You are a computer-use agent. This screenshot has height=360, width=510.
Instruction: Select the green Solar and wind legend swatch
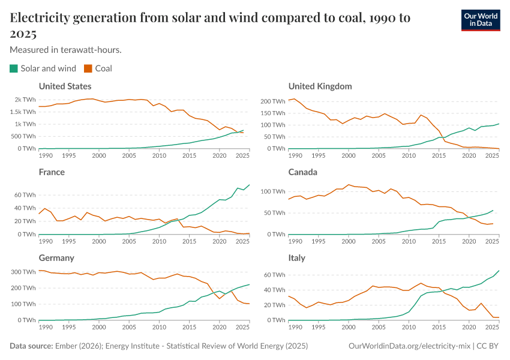pos(14,68)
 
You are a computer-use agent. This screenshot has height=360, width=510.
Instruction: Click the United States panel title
pos(65,86)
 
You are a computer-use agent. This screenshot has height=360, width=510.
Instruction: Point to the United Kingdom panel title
pos(320,86)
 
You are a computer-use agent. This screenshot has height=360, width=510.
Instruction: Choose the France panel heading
pos(52,172)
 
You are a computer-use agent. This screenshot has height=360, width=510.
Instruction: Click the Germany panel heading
pos(56,258)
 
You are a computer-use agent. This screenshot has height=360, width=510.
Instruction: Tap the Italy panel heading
pos(297,258)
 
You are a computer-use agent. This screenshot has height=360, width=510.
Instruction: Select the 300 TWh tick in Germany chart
pos(23,272)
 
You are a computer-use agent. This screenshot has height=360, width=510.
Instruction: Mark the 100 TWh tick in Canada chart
pos(273,191)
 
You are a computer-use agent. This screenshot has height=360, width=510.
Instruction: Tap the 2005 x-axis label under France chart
pos(129,241)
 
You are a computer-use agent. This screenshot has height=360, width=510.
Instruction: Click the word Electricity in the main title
pos(40,18)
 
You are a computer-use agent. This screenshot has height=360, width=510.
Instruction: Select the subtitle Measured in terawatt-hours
pos(66,50)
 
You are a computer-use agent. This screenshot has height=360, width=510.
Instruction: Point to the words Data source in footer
pos(29,346)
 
